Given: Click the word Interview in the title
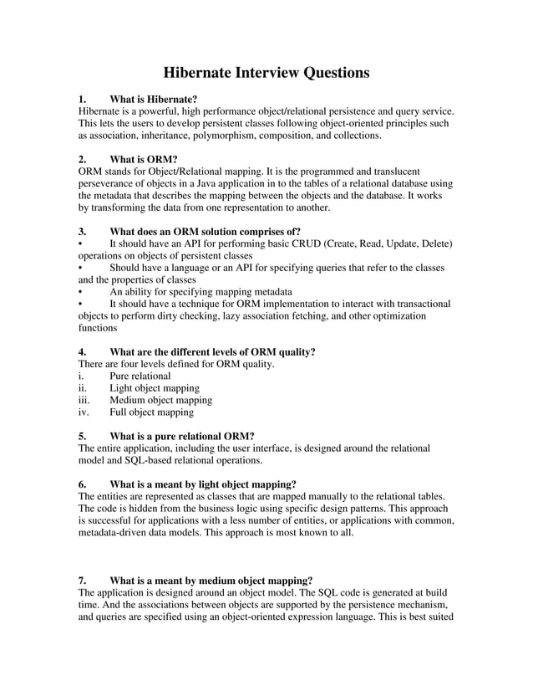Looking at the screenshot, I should pos(266,73).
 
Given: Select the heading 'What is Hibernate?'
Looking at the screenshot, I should pos(153,99).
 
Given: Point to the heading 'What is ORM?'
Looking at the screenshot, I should pos(143,159).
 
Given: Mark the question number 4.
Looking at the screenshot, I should pos(82,352).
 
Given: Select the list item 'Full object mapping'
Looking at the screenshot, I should pos(151,412).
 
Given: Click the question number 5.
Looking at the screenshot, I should pos(82,436).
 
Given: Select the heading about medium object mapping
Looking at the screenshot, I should pos(211,580).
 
